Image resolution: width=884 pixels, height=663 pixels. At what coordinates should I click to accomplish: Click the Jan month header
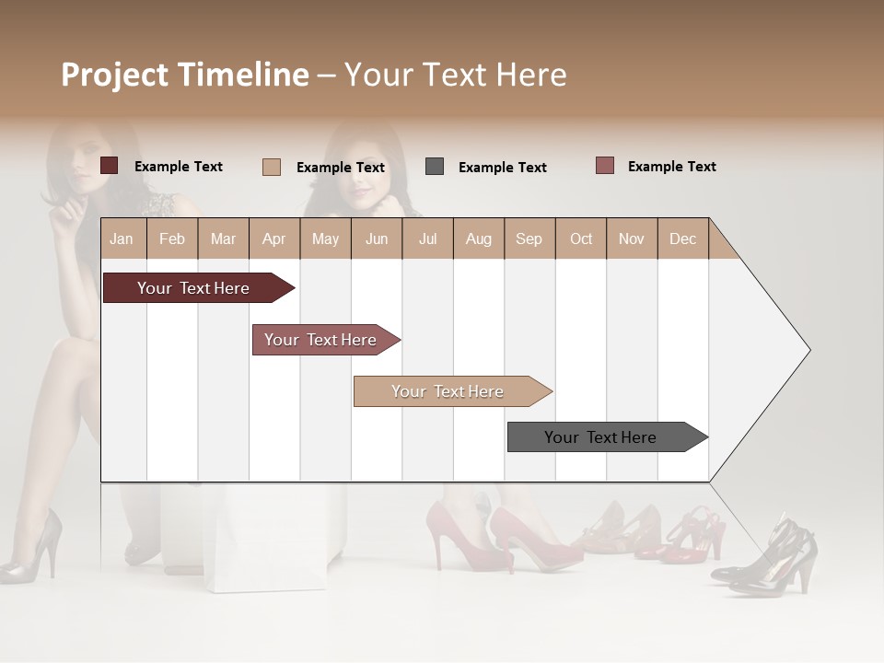coord(122,238)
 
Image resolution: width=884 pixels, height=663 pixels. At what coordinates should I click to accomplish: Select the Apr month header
coord(273,238)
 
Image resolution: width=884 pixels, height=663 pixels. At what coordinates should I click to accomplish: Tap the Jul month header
coord(427,238)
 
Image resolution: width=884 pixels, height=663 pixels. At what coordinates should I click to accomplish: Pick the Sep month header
coord(529,238)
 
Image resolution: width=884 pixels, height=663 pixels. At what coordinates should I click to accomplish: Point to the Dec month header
coord(682,238)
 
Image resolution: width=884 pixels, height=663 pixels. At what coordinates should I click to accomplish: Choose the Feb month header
coord(172,238)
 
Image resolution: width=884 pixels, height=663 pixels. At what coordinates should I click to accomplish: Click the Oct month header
coord(581,238)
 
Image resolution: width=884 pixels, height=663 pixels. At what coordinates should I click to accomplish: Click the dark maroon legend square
coord(109,166)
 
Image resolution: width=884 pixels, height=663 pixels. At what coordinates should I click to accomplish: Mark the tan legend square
coord(272,167)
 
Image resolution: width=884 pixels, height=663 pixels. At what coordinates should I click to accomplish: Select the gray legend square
coord(435,167)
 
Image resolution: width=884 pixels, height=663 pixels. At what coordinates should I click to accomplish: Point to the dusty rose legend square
coord(604,166)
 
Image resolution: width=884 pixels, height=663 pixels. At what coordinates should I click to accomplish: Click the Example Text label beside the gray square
coord(502,167)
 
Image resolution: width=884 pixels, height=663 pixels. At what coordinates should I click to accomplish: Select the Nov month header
coord(632,238)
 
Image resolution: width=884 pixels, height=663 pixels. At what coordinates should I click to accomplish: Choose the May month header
coord(325,238)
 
